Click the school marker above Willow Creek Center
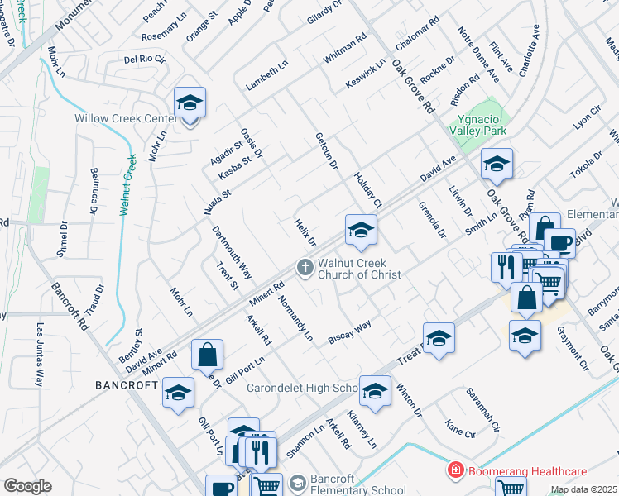[190, 104]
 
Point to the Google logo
[27, 486]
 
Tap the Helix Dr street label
[306, 232]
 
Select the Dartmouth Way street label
[232, 252]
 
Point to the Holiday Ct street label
[367, 191]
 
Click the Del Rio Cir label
[145, 60]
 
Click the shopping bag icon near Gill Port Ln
[207, 355]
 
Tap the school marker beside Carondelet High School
[375, 391]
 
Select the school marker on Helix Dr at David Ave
[361, 231]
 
